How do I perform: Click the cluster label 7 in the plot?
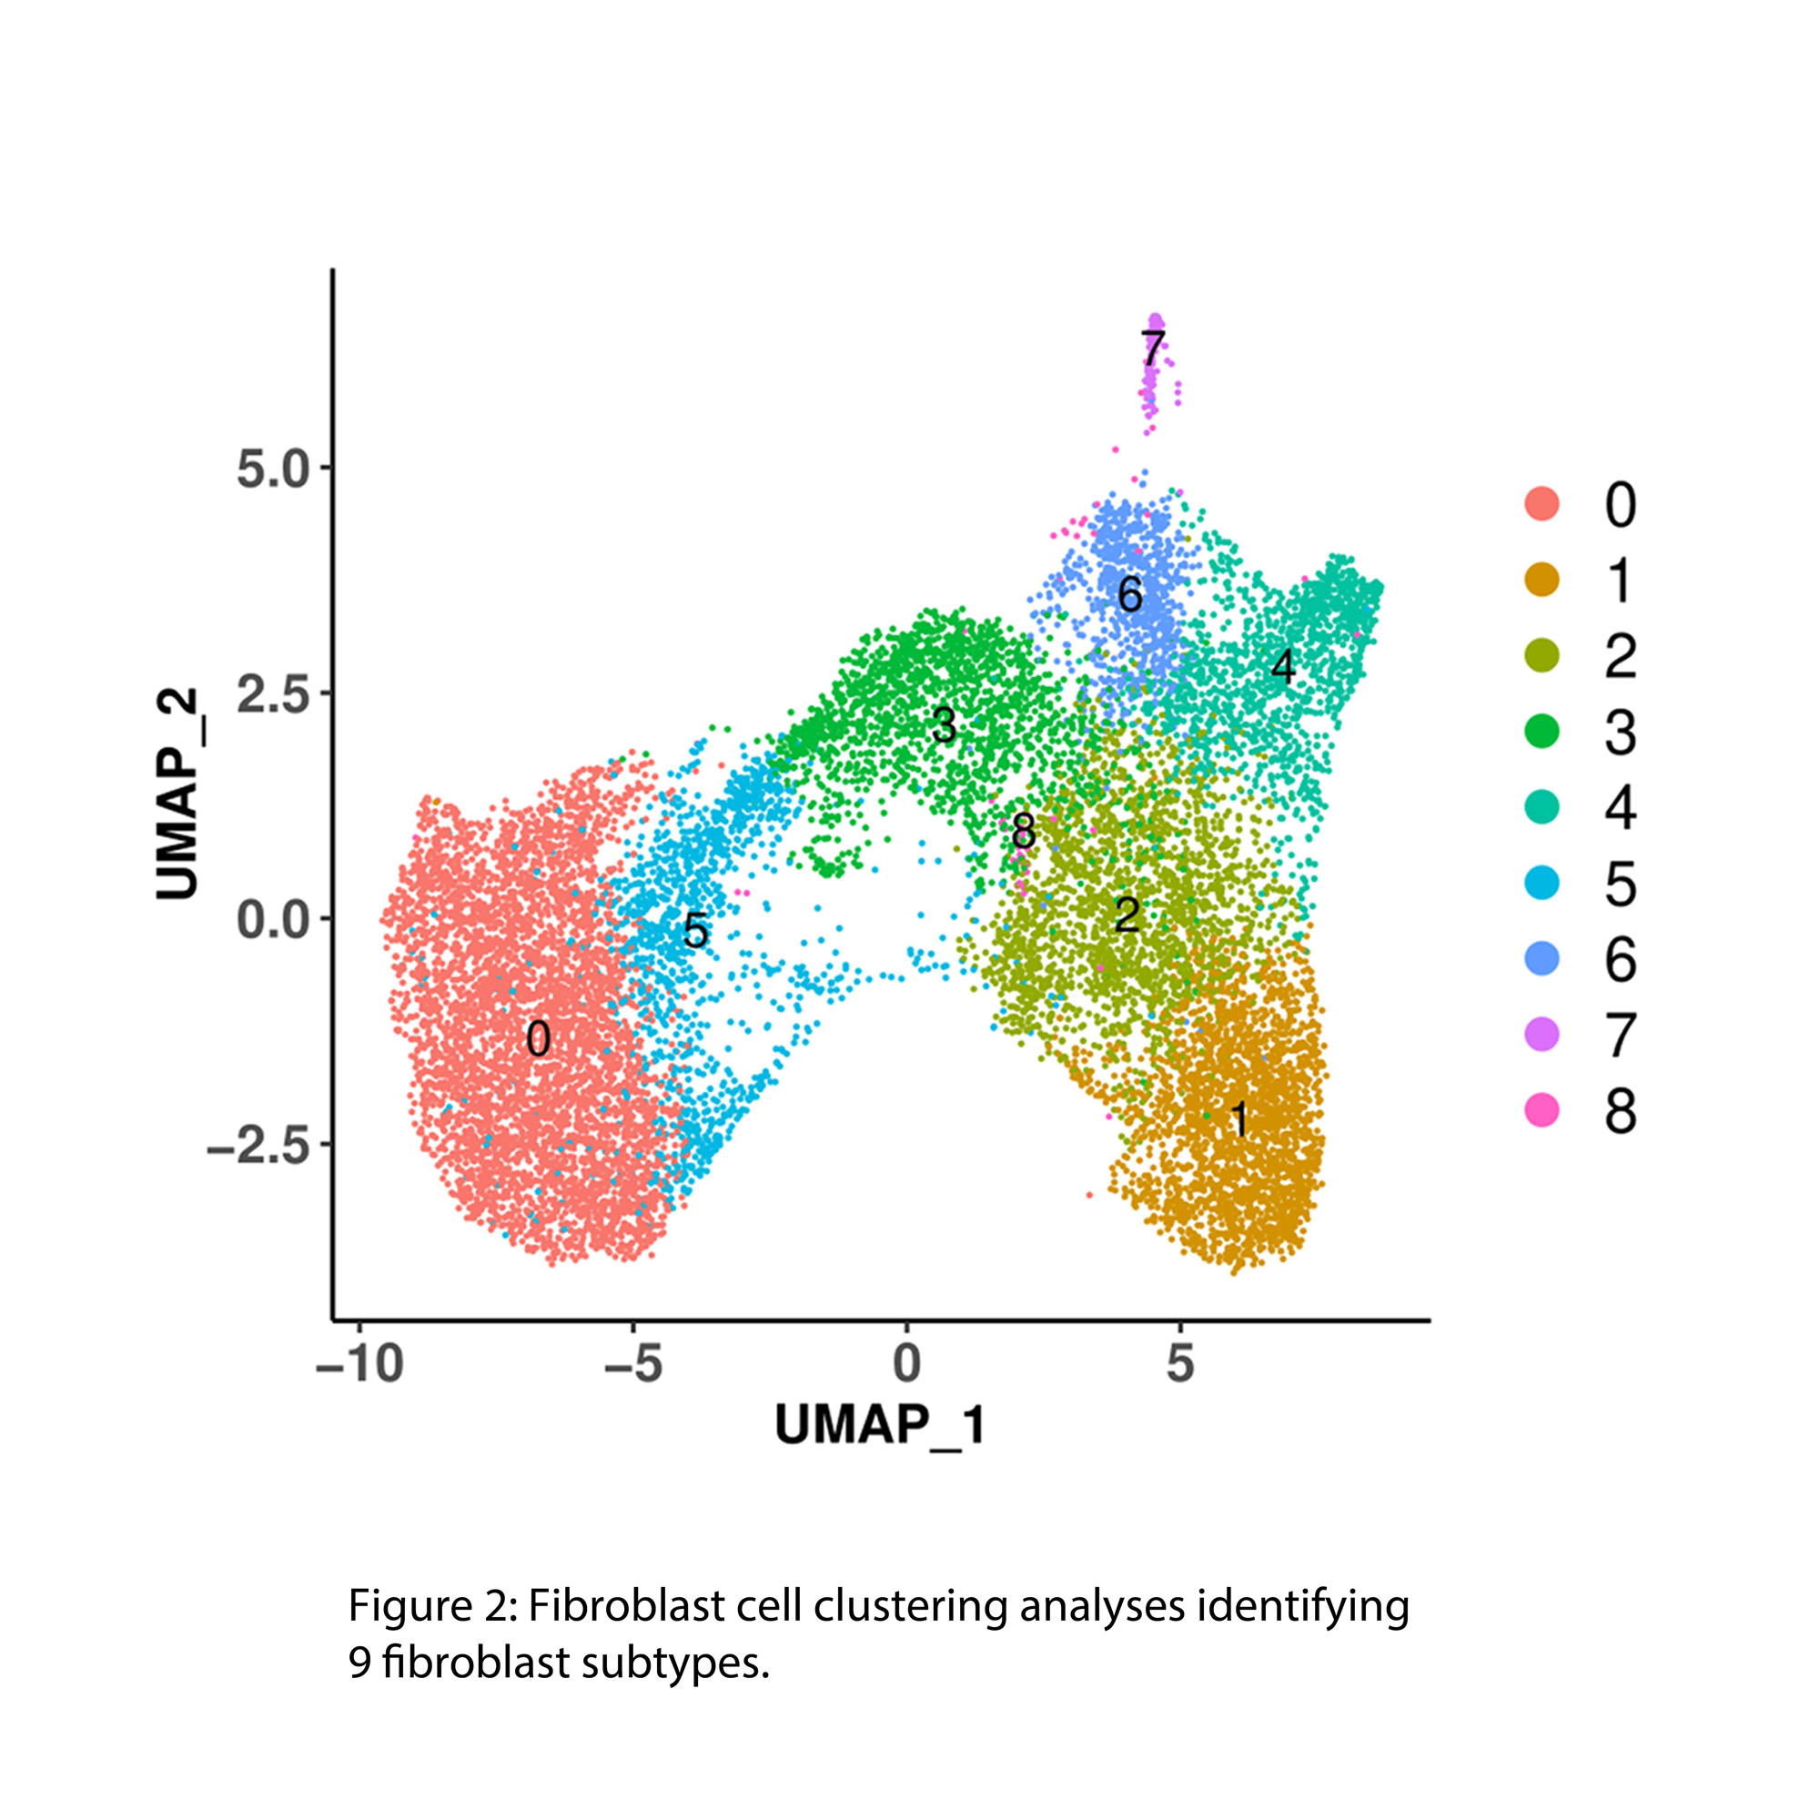1153,349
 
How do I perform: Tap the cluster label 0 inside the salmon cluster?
538,1040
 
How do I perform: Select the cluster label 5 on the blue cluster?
695,932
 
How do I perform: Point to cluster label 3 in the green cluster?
943,725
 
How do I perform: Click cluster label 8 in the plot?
1023,831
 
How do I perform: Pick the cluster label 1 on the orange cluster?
1239,1120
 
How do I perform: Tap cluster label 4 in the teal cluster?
1282,667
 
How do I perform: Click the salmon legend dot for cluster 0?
1542,504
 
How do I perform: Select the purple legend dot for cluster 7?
1542,1036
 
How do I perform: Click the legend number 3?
1621,732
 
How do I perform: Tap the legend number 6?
1621,960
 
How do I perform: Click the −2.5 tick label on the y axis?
259,1145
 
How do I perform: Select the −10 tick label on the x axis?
359,1364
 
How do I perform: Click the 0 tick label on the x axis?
906,1364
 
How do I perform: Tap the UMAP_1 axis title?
880,1425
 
